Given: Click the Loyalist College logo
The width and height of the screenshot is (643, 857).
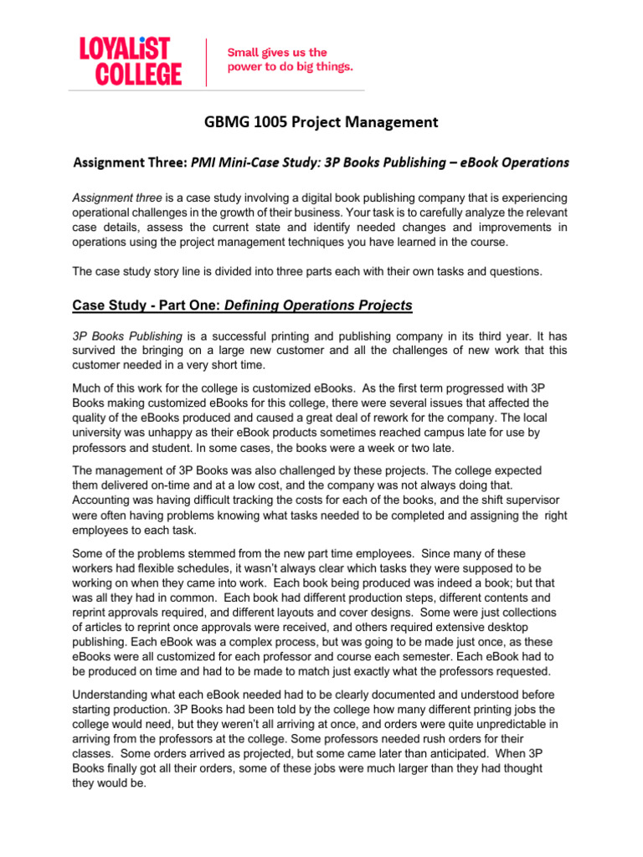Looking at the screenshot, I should [x=130, y=61].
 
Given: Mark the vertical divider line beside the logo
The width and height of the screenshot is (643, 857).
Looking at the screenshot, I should [x=206, y=61].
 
